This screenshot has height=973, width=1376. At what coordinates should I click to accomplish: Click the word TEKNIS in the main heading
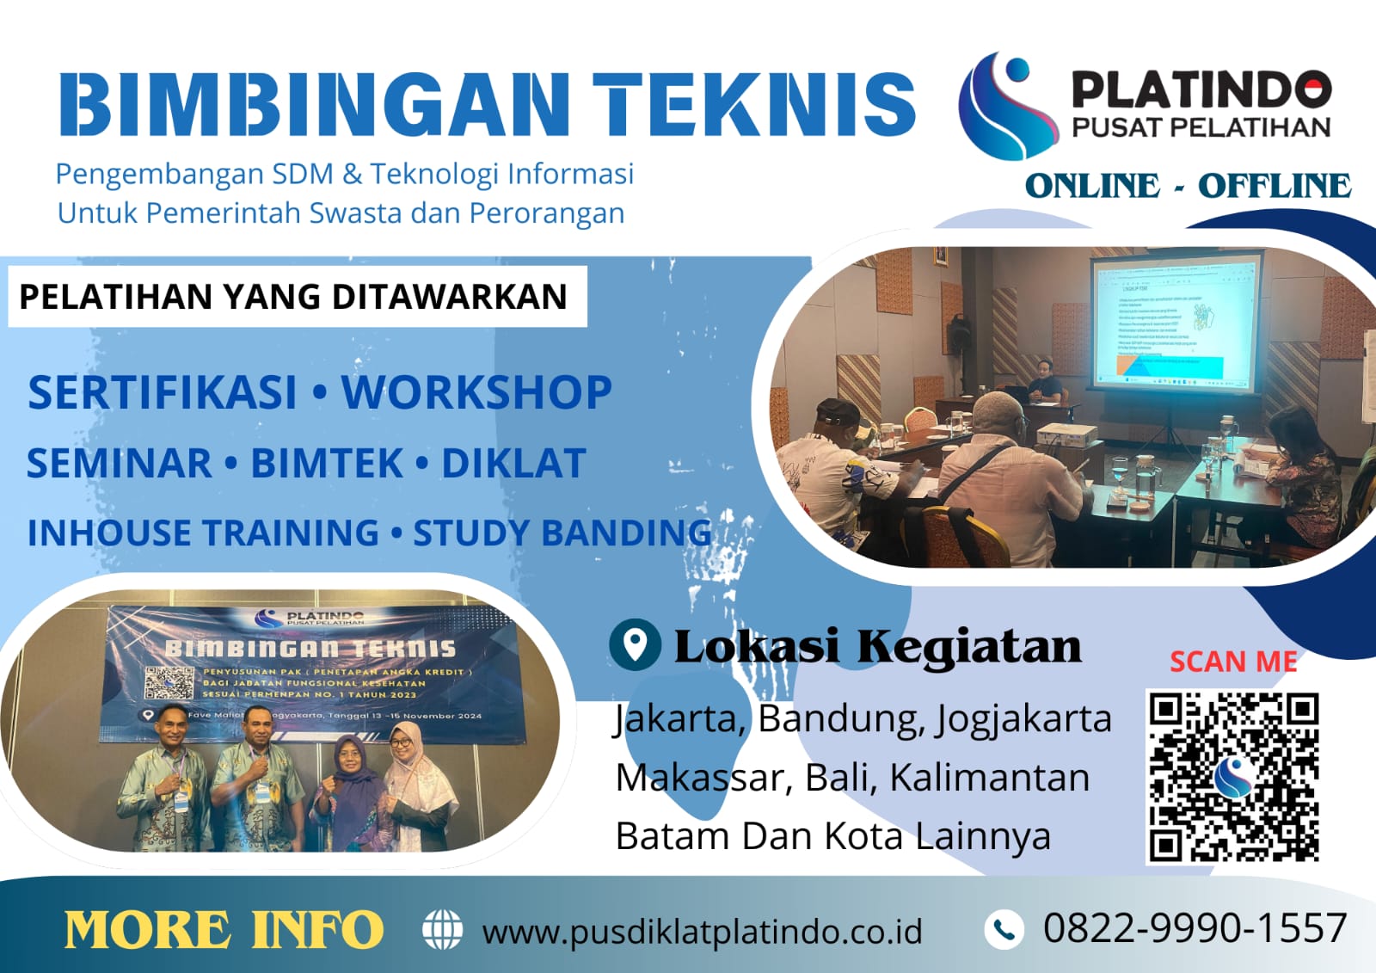pyautogui.click(x=754, y=104)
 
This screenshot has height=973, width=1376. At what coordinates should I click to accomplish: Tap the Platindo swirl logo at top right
pyautogui.click(x=1007, y=106)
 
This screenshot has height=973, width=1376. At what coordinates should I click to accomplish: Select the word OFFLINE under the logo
pyautogui.click(x=1274, y=186)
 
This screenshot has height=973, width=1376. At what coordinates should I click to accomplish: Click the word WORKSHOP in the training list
pyautogui.click(x=476, y=392)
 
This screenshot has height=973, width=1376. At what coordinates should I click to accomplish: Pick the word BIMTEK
pyautogui.click(x=327, y=463)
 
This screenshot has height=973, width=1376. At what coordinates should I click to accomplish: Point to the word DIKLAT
pyautogui.click(x=513, y=463)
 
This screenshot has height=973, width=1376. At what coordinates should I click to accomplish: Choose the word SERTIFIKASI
pyautogui.click(x=163, y=392)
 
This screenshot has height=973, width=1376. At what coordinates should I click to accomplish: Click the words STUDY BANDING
pyautogui.click(x=562, y=533)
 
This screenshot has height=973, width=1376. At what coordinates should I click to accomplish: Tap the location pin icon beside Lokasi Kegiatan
pyautogui.click(x=635, y=644)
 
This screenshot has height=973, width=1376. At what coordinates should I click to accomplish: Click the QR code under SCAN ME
pyautogui.click(x=1233, y=776)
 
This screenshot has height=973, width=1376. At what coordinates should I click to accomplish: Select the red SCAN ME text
pyautogui.click(x=1233, y=661)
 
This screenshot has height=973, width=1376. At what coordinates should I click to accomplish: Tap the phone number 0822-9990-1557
pyautogui.click(x=1195, y=928)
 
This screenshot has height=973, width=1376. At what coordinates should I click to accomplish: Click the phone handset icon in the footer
pyautogui.click(x=1003, y=929)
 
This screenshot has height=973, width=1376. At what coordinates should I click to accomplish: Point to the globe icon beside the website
pyautogui.click(x=443, y=930)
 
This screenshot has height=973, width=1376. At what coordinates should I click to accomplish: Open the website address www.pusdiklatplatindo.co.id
pyautogui.click(x=702, y=932)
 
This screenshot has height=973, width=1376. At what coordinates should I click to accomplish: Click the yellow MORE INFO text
pyautogui.click(x=224, y=930)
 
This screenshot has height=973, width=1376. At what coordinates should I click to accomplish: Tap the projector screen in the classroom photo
pyautogui.click(x=1175, y=319)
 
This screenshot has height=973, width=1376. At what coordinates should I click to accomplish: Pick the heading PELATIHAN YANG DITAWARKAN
pyautogui.click(x=293, y=297)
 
